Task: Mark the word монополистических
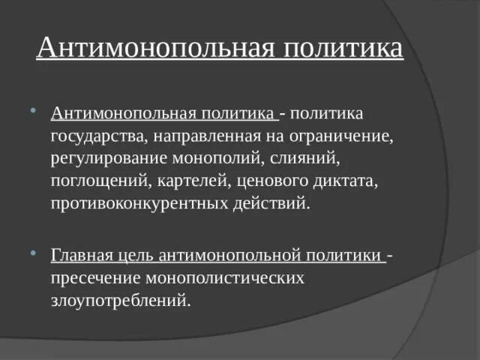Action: (229, 278)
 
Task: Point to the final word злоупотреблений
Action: (121, 300)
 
